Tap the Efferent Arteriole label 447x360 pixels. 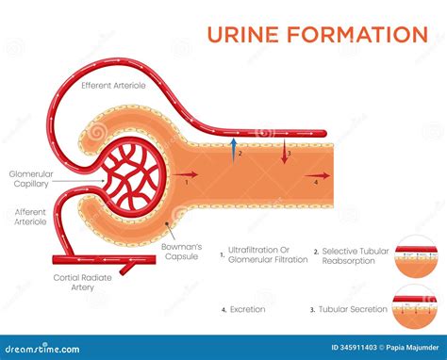tap(114, 86)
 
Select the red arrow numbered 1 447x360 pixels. tap(188, 175)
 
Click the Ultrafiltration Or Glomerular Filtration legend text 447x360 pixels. tap(268, 254)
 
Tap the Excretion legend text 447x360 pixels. tap(247, 308)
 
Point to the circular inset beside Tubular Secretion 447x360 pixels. tap(416, 306)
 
